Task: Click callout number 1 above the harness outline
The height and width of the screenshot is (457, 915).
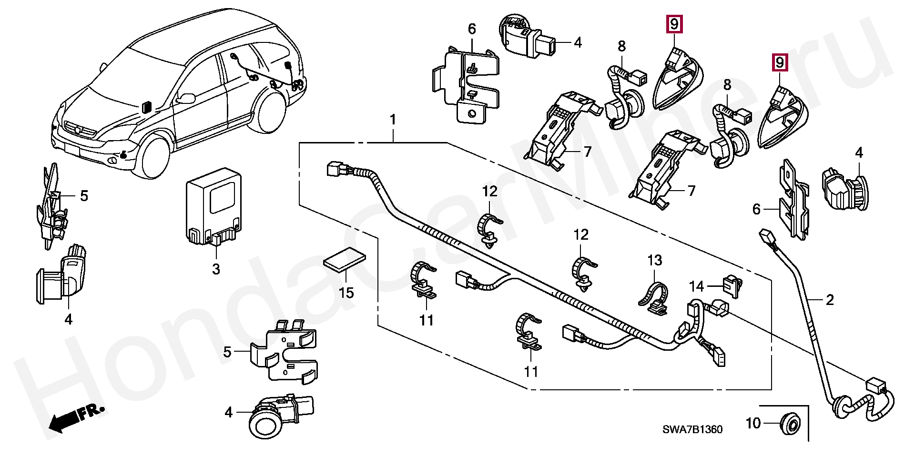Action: pos(393,120)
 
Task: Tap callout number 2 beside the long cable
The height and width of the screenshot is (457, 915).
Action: pos(830,300)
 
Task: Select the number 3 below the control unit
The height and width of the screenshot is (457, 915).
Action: pos(216,269)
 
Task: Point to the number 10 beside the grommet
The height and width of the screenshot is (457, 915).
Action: pos(753,423)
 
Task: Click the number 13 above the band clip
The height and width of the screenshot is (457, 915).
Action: pos(655,261)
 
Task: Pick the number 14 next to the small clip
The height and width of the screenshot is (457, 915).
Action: pos(696,286)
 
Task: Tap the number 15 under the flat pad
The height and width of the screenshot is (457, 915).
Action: pos(346,293)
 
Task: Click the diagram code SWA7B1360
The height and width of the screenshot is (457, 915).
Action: pos(692,430)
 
